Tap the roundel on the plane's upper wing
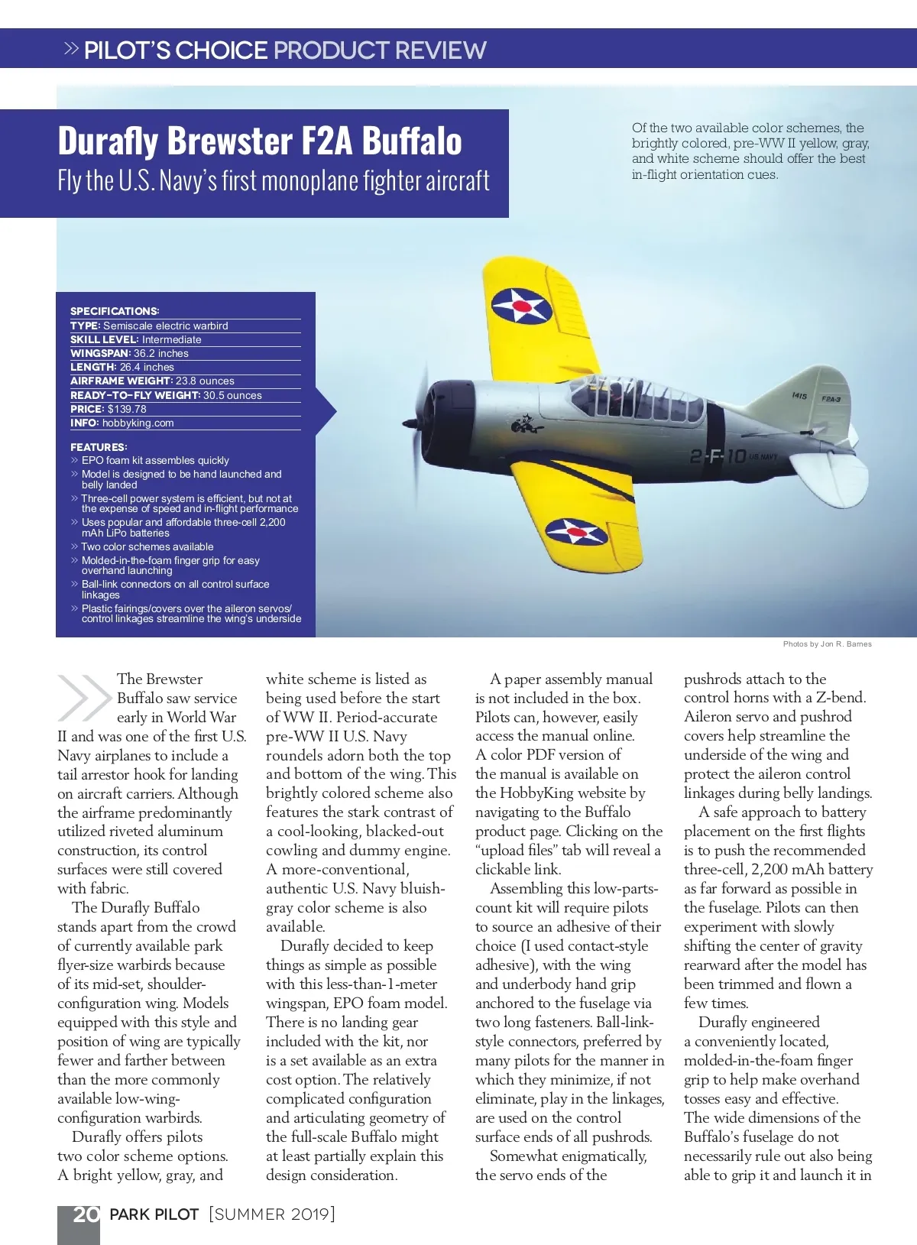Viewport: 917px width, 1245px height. (x=521, y=306)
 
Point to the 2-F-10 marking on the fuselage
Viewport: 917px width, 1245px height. (x=718, y=457)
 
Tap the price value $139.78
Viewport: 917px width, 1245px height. (x=127, y=409)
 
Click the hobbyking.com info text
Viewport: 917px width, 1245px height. (x=138, y=423)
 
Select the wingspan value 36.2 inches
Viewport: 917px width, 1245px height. (x=160, y=353)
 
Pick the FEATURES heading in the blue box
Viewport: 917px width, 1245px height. (x=99, y=447)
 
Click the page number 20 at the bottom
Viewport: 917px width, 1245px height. (x=86, y=1214)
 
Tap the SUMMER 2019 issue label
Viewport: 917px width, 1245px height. (x=271, y=1214)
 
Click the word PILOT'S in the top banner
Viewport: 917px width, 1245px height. (x=127, y=50)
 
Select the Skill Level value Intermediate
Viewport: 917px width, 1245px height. (x=171, y=339)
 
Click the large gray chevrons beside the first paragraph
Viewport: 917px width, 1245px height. (x=84, y=697)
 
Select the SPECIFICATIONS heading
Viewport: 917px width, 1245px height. (x=115, y=311)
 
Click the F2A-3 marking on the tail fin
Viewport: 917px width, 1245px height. (x=831, y=399)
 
